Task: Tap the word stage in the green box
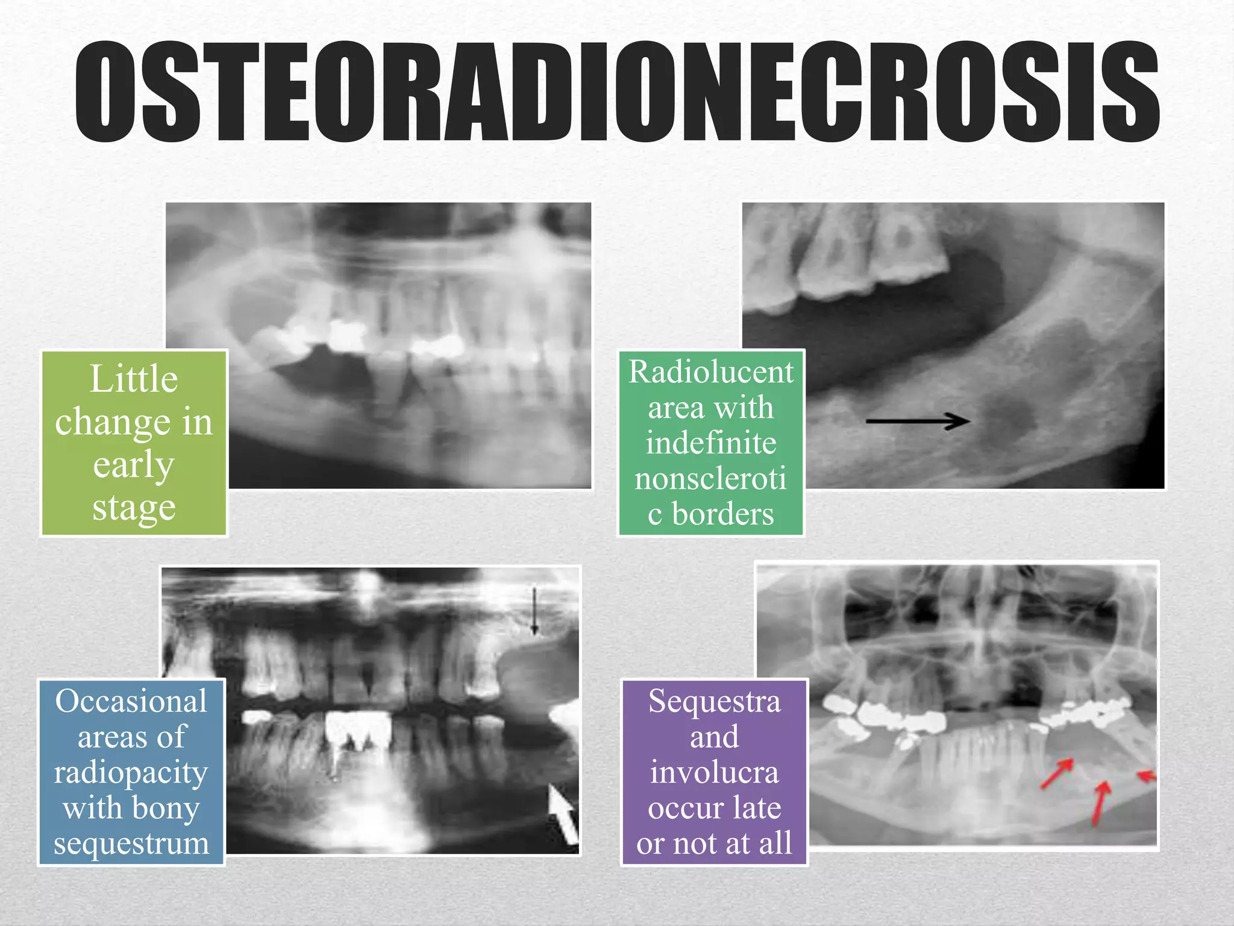[x=134, y=508]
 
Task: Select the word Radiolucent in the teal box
[x=711, y=371]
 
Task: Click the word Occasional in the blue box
[x=131, y=701]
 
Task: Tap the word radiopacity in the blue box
[x=131, y=773]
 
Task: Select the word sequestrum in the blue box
[x=131, y=843]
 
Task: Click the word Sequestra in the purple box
[x=714, y=701]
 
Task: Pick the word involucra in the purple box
[x=714, y=773]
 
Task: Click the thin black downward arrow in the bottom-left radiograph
[x=534, y=612]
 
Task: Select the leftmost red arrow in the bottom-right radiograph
[x=1057, y=773]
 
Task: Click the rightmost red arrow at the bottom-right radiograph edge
[x=1146, y=776]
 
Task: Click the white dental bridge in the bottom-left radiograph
[x=359, y=731]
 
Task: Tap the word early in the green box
[x=134, y=465]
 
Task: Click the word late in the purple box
[x=757, y=808]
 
